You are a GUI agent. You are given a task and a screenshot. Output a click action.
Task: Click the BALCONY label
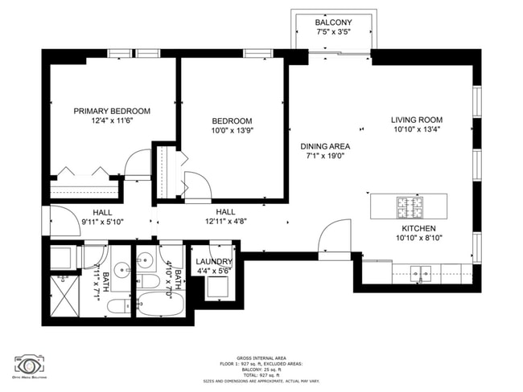(332, 22)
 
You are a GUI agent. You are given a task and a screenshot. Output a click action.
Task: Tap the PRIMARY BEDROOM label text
(112, 111)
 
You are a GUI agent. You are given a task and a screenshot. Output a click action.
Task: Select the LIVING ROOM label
(417, 120)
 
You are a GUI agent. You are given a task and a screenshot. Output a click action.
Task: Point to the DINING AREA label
(325, 146)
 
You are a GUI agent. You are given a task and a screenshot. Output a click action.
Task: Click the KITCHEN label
(418, 228)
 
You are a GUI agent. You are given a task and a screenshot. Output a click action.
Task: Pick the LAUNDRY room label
(214, 262)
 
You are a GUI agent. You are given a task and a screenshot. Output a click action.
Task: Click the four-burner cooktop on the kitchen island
(409, 206)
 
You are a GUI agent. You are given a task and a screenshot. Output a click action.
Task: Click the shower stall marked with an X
(63, 293)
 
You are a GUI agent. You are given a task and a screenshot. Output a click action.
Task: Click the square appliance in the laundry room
(214, 288)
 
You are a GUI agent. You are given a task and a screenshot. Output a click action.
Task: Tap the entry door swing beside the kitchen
(333, 238)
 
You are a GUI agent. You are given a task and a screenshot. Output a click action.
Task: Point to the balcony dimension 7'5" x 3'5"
(332, 32)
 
